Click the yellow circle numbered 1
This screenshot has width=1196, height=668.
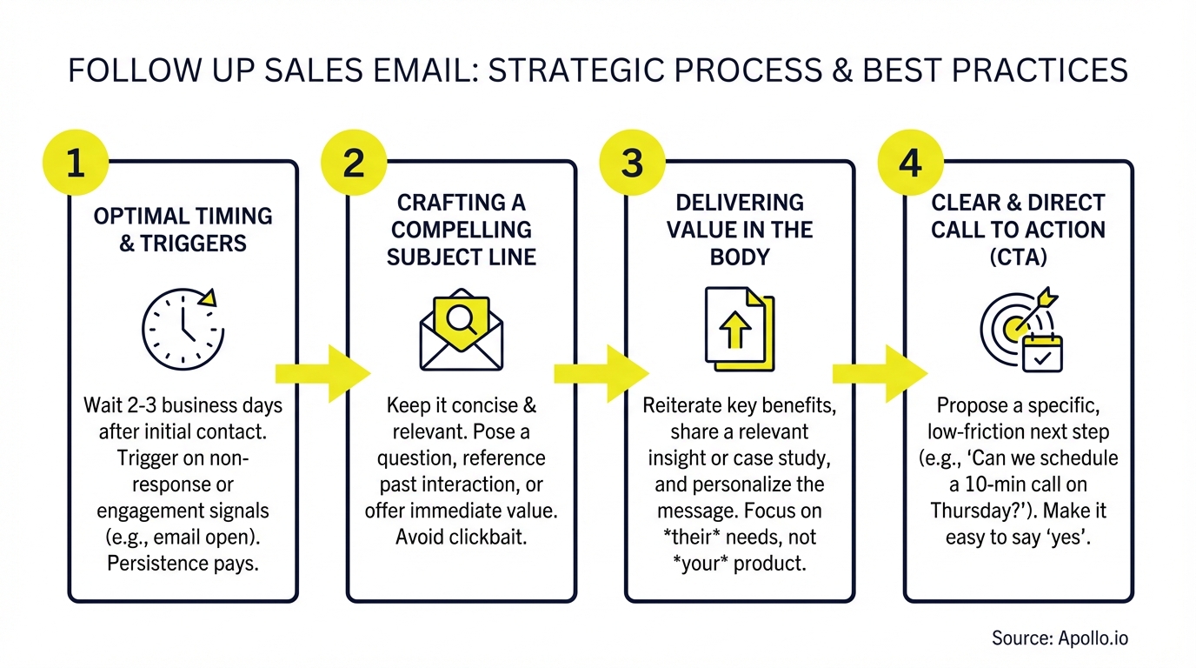75,164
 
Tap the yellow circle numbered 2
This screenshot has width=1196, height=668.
354,164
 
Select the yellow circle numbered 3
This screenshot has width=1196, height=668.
632,164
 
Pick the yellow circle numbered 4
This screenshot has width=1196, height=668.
910,164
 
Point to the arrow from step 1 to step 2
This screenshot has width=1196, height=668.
322,373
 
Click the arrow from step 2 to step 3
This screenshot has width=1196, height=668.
601,373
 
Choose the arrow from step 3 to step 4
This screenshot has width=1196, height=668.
880,373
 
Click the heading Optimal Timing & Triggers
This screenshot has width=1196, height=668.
183,230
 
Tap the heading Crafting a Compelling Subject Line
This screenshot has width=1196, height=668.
462,230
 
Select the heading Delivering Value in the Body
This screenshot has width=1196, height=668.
739,230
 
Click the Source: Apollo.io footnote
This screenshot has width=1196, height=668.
1060,638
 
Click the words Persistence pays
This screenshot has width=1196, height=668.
183,563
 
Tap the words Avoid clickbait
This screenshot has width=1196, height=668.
462,537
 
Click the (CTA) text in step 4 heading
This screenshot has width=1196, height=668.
1018,257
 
